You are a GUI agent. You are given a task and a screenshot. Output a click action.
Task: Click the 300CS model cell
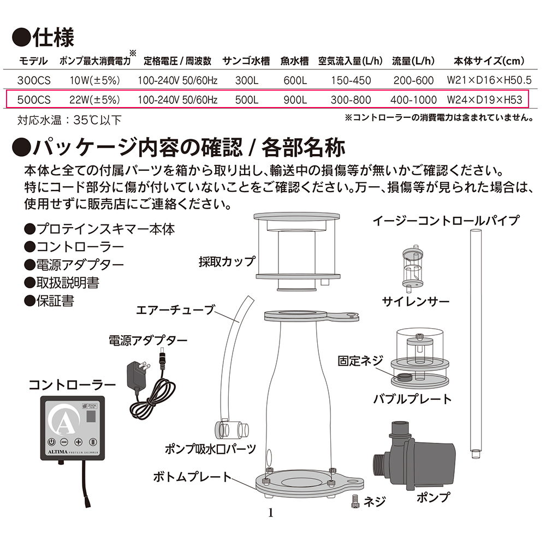34,80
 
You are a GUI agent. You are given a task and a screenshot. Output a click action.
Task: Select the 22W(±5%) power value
94,100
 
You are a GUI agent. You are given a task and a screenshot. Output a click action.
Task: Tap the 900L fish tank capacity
295,100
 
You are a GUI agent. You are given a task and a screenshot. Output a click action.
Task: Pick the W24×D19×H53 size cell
484,100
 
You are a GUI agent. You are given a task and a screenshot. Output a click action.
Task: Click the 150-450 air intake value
351,80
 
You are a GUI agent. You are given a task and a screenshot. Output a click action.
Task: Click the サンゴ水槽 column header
246,61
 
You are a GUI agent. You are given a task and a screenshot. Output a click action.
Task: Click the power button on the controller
51,442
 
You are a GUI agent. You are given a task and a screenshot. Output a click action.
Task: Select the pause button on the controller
93,442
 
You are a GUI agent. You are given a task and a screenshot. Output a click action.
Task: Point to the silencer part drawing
413,269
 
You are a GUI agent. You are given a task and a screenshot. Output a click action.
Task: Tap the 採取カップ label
227,261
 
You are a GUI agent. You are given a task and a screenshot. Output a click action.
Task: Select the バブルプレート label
413,399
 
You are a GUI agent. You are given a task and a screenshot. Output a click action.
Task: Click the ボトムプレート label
193,477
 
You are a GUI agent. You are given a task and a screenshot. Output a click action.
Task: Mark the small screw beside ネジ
355,501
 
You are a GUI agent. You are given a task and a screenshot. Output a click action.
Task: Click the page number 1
271,513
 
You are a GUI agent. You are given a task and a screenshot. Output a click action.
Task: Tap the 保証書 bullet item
49,301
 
